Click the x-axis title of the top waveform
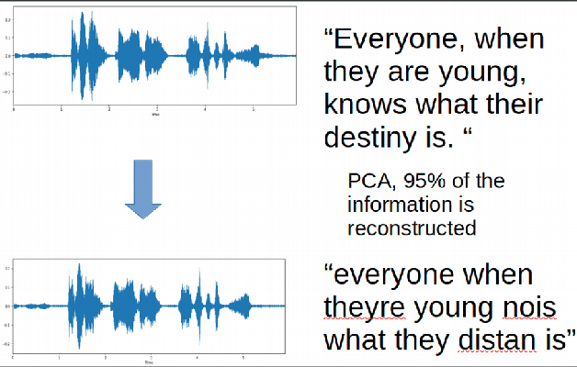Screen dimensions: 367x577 [x=153, y=115]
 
